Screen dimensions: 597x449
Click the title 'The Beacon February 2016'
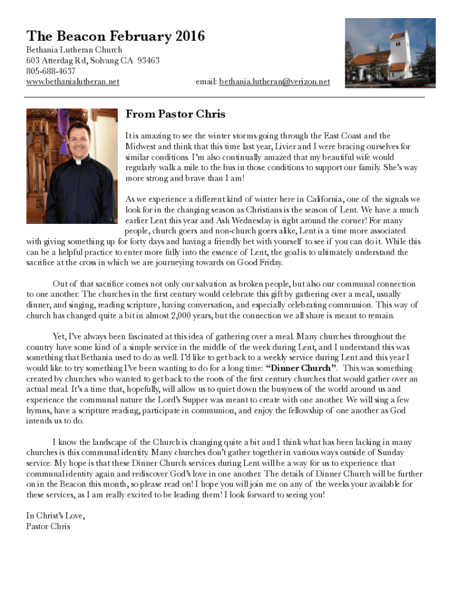click(x=115, y=37)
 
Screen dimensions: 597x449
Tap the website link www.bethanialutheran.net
click(x=73, y=82)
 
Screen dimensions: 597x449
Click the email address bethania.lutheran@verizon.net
click(x=274, y=82)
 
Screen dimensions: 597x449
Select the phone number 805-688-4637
click(x=51, y=71)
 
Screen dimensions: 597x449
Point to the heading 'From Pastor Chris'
click(x=176, y=114)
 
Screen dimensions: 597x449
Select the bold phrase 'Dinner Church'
click(x=301, y=368)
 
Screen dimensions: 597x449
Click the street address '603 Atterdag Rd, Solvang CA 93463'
click(x=93, y=61)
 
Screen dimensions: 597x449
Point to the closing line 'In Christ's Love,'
click(x=56, y=516)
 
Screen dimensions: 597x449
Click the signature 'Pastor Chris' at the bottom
click(x=48, y=526)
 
